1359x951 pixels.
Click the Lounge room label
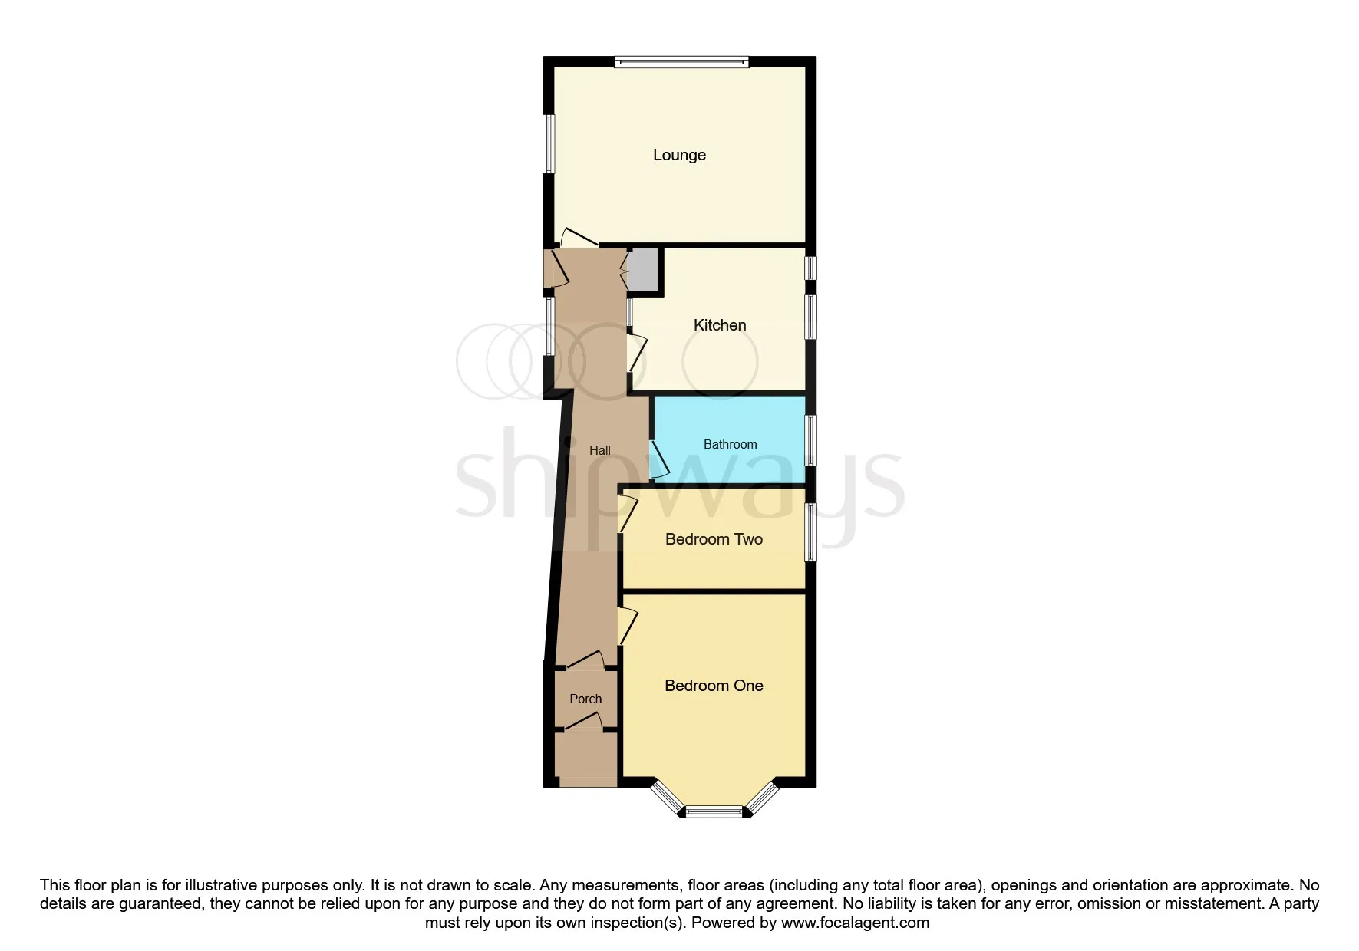(x=679, y=155)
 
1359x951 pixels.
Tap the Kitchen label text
(x=720, y=325)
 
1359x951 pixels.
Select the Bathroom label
(x=730, y=444)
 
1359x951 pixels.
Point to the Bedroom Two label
(x=714, y=539)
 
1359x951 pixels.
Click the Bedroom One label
(x=714, y=686)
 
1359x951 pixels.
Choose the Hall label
(x=599, y=450)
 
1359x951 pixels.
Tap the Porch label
(x=585, y=699)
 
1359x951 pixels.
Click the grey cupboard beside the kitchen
(x=643, y=271)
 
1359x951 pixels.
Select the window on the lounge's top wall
(x=681, y=62)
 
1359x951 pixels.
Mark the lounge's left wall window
(x=549, y=144)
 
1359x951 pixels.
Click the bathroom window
(x=810, y=439)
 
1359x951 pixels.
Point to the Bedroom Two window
(x=810, y=532)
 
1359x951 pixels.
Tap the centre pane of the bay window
(x=714, y=811)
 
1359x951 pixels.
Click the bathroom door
(x=658, y=461)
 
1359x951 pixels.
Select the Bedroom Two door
(x=628, y=513)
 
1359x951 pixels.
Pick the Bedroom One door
(x=628, y=626)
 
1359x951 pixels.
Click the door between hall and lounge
(x=579, y=238)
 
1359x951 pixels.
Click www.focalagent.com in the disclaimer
(x=855, y=923)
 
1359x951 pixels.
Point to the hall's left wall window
(x=549, y=326)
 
